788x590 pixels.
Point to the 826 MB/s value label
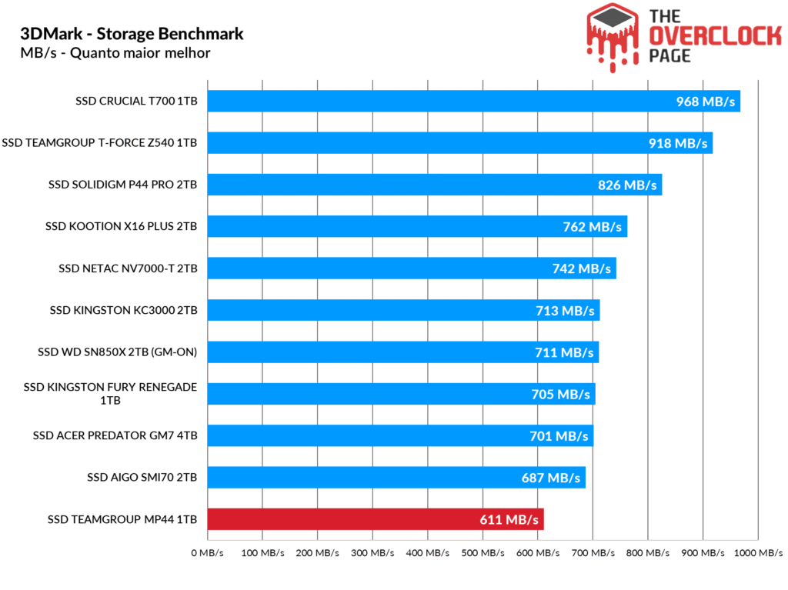[x=627, y=185]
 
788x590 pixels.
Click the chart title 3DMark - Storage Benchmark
[x=132, y=34]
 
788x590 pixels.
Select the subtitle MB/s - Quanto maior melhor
[x=115, y=53]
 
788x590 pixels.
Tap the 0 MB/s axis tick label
[x=208, y=553]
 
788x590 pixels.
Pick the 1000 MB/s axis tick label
[x=758, y=553]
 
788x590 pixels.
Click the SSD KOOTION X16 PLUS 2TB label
[x=122, y=226]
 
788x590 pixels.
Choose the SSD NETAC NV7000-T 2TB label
[x=128, y=268]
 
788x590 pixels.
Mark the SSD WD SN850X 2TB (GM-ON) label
[x=118, y=352]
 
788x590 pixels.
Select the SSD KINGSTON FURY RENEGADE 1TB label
[x=110, y=394]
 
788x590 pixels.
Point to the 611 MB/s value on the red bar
[x=509, y=520]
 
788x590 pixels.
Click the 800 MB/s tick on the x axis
[x=648, y=553]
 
